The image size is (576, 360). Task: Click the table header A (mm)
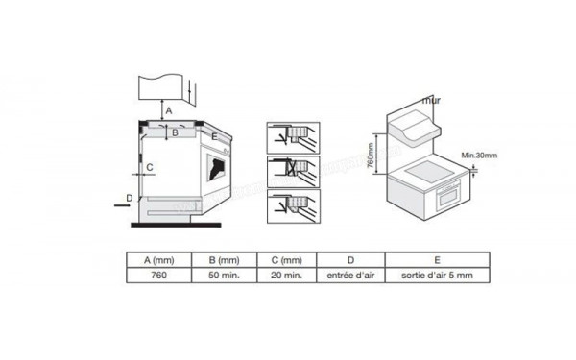[x=159, y=259]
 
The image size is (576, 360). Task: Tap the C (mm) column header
[x=287, y=259]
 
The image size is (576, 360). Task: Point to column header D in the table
[x=350, y=259]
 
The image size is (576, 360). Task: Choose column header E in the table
[x=437, y=259]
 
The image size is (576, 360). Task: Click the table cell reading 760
[x=159, y=275]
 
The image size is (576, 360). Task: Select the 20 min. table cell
[x=287, y=275]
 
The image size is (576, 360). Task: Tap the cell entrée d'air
[x=350, y=275]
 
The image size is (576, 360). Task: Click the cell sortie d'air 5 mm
[x=437, y=275]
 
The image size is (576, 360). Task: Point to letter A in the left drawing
[x=169, y=112]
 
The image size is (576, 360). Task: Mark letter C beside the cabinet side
[x=150, y=167]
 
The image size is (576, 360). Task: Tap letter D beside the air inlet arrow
[x=130, y=198]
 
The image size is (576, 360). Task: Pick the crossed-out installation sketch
[x=291, y=170]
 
